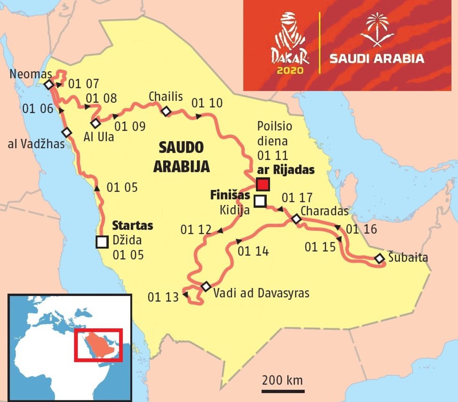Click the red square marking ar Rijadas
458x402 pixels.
[263, 184]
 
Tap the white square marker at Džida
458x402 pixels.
[102, 242]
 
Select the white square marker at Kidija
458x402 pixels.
[260, 201]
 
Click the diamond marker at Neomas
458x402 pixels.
[49, 85]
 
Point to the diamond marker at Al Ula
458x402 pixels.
[96, 123]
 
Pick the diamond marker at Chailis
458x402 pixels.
[166, 111]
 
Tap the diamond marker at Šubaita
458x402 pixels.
[379, 258]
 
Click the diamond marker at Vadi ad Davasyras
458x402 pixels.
[206, 286]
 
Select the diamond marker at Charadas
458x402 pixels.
[296, 219]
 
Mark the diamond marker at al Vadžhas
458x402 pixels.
[66, 132]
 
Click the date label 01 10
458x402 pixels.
[207, 103]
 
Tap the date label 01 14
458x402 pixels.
[253, 251]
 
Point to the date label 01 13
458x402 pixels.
[163, 297]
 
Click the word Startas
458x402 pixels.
[132, 226]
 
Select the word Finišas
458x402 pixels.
[230, 195]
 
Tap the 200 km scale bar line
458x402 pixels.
[283, 392]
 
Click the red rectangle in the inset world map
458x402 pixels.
[98, 345]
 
